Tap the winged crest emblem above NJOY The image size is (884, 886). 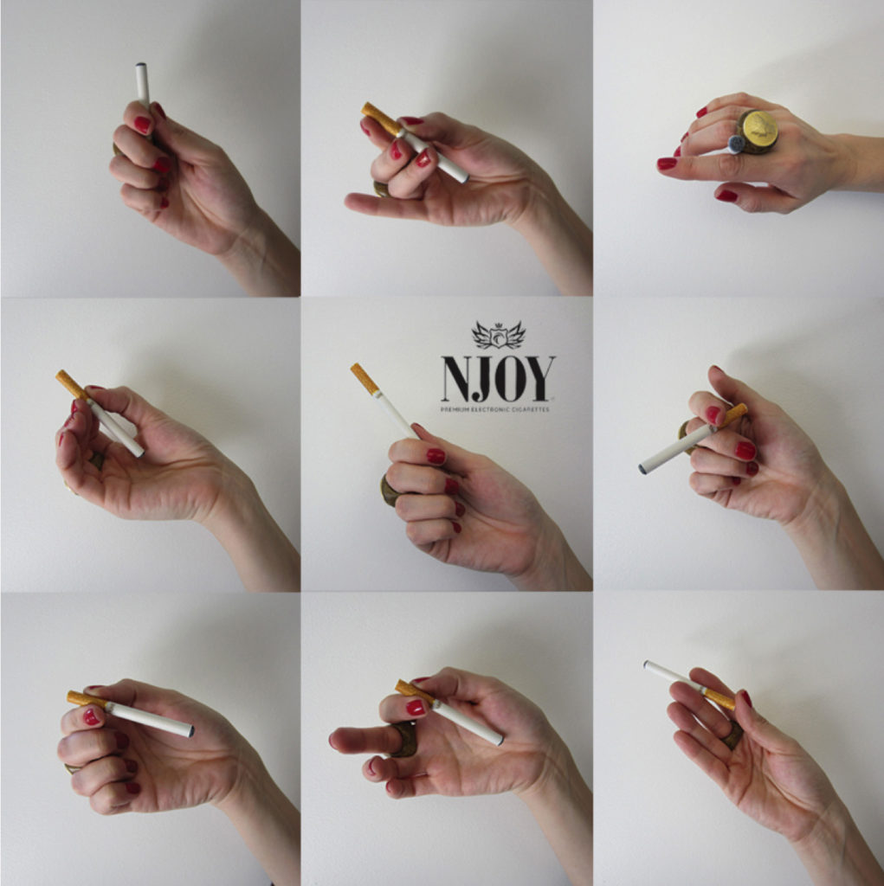pyautogui.click(x=498, y=335)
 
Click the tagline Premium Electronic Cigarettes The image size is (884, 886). pyautogui.click(x=495, y=409)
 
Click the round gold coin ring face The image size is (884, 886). pyautogui.click(x=759, y=131)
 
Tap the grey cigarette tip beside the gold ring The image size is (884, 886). pyautogui.click(x=735, y=144)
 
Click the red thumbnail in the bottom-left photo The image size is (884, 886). pyautogui.click(x=91, y=717)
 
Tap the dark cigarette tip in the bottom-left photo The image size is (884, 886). pyautogui.click(x=191, y=731)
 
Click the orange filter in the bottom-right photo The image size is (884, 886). pyautogui.click(x=719, y=699)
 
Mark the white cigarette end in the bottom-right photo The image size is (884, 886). pyautogui.click(x=647, y=664)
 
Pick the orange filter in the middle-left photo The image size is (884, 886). pyautogui.click(x=72, y=384)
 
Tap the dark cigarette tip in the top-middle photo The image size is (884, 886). pyautogui.click(x=466, y=179)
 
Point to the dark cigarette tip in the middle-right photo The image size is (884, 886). pyautogui.click(x=642, y=468)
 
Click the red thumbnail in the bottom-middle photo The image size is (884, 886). pyautogui.click(x=416, y=708)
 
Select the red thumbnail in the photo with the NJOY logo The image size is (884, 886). pyautogui.click(x=435, y=456)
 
